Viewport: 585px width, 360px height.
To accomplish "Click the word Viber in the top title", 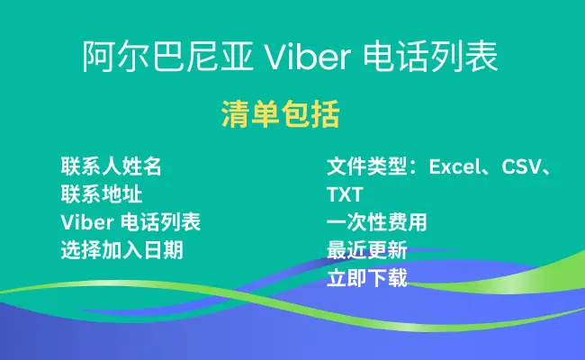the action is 308,57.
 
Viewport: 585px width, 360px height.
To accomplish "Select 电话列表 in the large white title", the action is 430,57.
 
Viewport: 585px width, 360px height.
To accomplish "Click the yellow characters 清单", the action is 250,114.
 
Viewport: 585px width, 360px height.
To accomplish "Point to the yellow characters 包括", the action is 310,114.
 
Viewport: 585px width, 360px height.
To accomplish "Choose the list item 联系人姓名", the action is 112,166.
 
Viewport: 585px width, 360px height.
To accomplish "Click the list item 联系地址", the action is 102,194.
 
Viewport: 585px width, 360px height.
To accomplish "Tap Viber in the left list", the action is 87,222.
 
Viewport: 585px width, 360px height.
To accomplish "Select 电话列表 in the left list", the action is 160,222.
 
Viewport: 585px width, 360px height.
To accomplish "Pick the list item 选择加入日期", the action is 122,250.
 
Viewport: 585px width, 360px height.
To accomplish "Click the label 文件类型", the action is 366,166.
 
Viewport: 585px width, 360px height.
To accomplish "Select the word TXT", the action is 345,194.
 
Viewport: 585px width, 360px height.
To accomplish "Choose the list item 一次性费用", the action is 377,222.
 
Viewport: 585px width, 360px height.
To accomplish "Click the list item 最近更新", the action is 367,250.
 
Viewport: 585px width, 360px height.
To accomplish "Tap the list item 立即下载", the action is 367,278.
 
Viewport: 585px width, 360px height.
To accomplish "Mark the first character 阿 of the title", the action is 98,57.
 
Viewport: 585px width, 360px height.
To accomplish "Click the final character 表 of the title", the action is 481,57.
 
